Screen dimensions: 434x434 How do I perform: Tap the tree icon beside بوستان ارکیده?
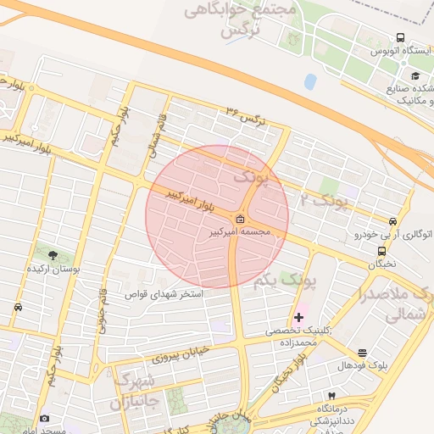(x=53, y=254)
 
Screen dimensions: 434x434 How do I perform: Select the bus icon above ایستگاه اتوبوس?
(x=400, y=38)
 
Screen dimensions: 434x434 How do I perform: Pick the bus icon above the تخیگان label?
(x=381, y=251)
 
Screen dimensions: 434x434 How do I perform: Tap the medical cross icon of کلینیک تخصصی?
(x=298, y=317)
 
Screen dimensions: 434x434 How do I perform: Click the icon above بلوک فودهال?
(x=363, y=353)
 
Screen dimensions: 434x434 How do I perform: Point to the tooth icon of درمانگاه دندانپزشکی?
(x=332, y=396)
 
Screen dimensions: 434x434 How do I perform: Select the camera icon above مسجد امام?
(x=44, y=418)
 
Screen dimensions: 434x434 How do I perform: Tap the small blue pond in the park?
(x=310, y=82)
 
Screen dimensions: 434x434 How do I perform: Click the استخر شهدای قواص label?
(x=165, y=294)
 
